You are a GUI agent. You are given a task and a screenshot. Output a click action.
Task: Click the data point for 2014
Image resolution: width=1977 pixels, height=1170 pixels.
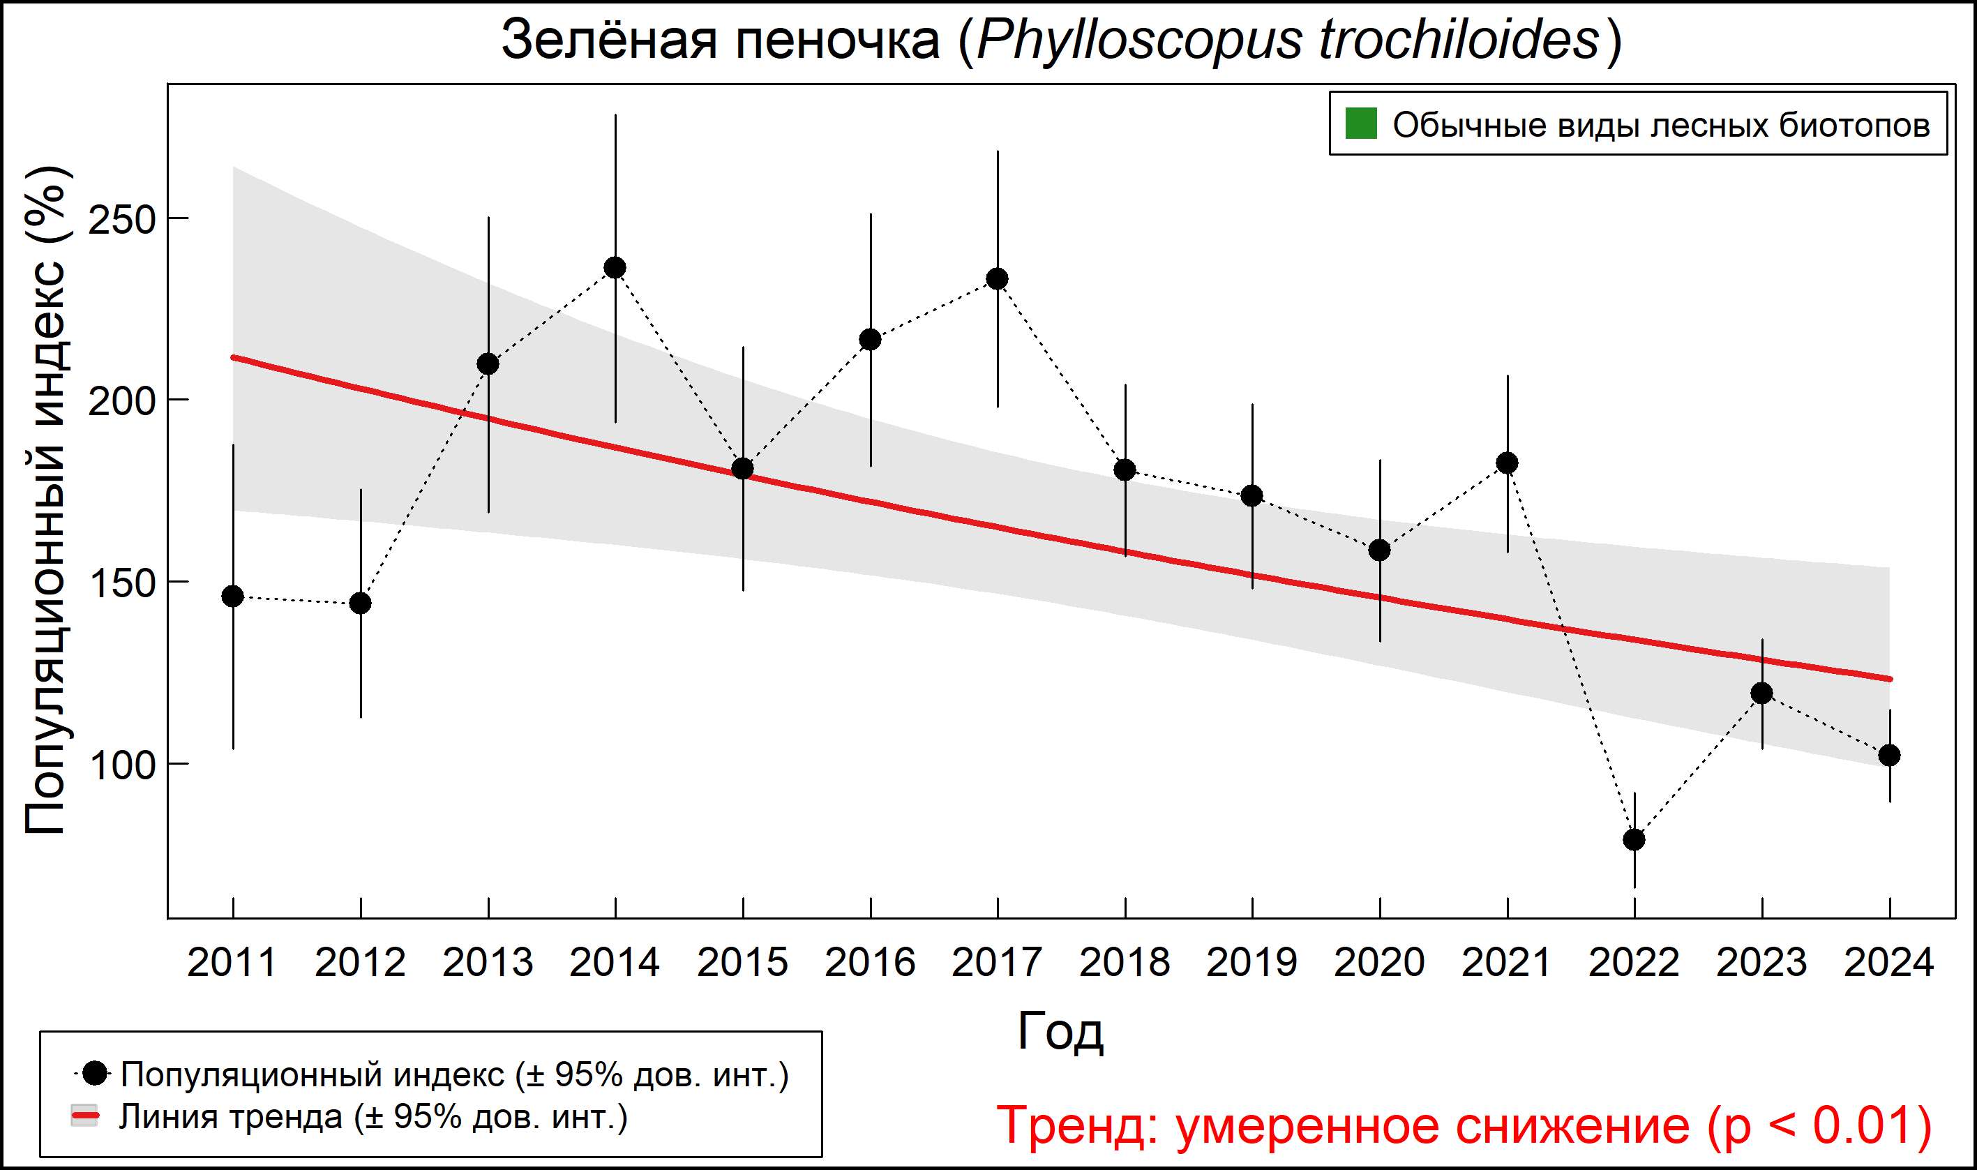[x=615, y=268]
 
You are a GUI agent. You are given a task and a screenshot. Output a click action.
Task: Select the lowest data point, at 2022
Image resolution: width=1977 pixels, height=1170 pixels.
[x=1634, y=840]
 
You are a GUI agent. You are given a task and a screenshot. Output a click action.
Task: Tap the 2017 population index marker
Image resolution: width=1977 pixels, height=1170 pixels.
[x=997, y=279]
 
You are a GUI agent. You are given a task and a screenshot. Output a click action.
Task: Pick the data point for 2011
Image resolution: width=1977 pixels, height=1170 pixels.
[x=232, y=596]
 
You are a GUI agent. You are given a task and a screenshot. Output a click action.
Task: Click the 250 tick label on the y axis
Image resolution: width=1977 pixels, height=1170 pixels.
[x=122, y=220]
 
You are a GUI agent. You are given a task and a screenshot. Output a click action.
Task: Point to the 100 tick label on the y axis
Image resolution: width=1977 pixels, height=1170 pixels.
[x=122, y=765]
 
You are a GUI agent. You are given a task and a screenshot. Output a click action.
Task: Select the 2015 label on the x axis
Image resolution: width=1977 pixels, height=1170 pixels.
[x=742, y=963]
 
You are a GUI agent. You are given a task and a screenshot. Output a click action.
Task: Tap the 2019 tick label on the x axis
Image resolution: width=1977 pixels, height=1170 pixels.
[x=1251, y=963]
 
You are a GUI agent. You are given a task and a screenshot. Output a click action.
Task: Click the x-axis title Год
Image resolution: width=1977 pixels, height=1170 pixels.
[x=1060, y=1031]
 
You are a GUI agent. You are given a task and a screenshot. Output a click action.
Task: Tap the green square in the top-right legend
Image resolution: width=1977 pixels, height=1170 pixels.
[x=1360, y=123]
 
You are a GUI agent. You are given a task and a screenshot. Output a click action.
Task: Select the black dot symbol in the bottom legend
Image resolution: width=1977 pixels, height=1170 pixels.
[x=95, y=1073]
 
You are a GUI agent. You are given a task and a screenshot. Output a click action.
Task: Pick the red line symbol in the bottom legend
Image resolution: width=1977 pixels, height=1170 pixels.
[x=84, y=1116]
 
